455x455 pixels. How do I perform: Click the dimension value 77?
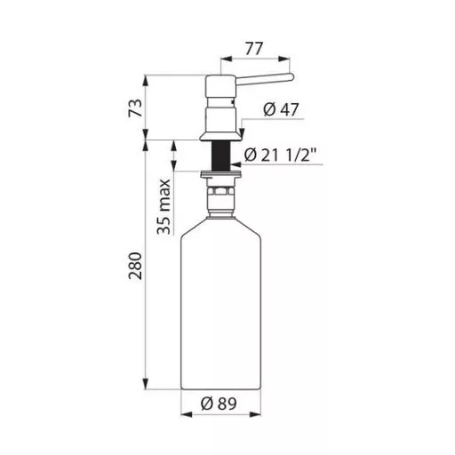point(254,49)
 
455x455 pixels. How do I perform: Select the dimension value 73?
point(135,108)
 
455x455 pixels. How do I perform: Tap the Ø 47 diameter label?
point(281,109)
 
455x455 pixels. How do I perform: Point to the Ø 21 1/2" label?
point(280,155)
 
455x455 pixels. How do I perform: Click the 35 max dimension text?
point(164,206)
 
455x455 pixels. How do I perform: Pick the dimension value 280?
point(135,266)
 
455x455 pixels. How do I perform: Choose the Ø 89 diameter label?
point(219,403)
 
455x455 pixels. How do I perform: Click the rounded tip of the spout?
point(291,77)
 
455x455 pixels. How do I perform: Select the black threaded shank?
point(220,156)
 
